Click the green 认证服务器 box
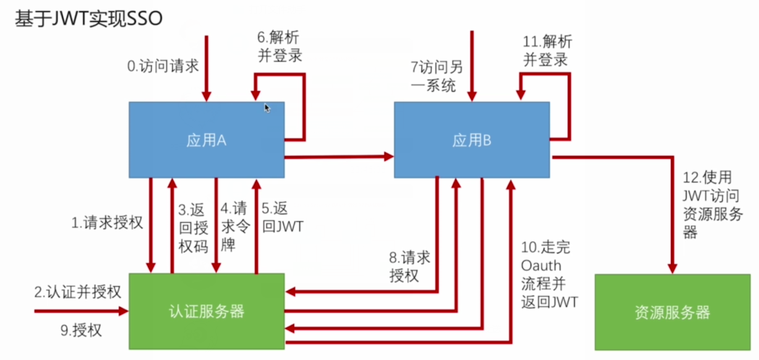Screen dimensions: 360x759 (206, 312)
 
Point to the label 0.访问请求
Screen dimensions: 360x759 (163, 67)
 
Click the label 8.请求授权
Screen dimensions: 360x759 (410, 266)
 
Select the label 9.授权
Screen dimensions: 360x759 (80, 331)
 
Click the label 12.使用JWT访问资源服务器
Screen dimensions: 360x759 (707, 205)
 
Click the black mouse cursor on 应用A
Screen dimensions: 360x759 (267, 108)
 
